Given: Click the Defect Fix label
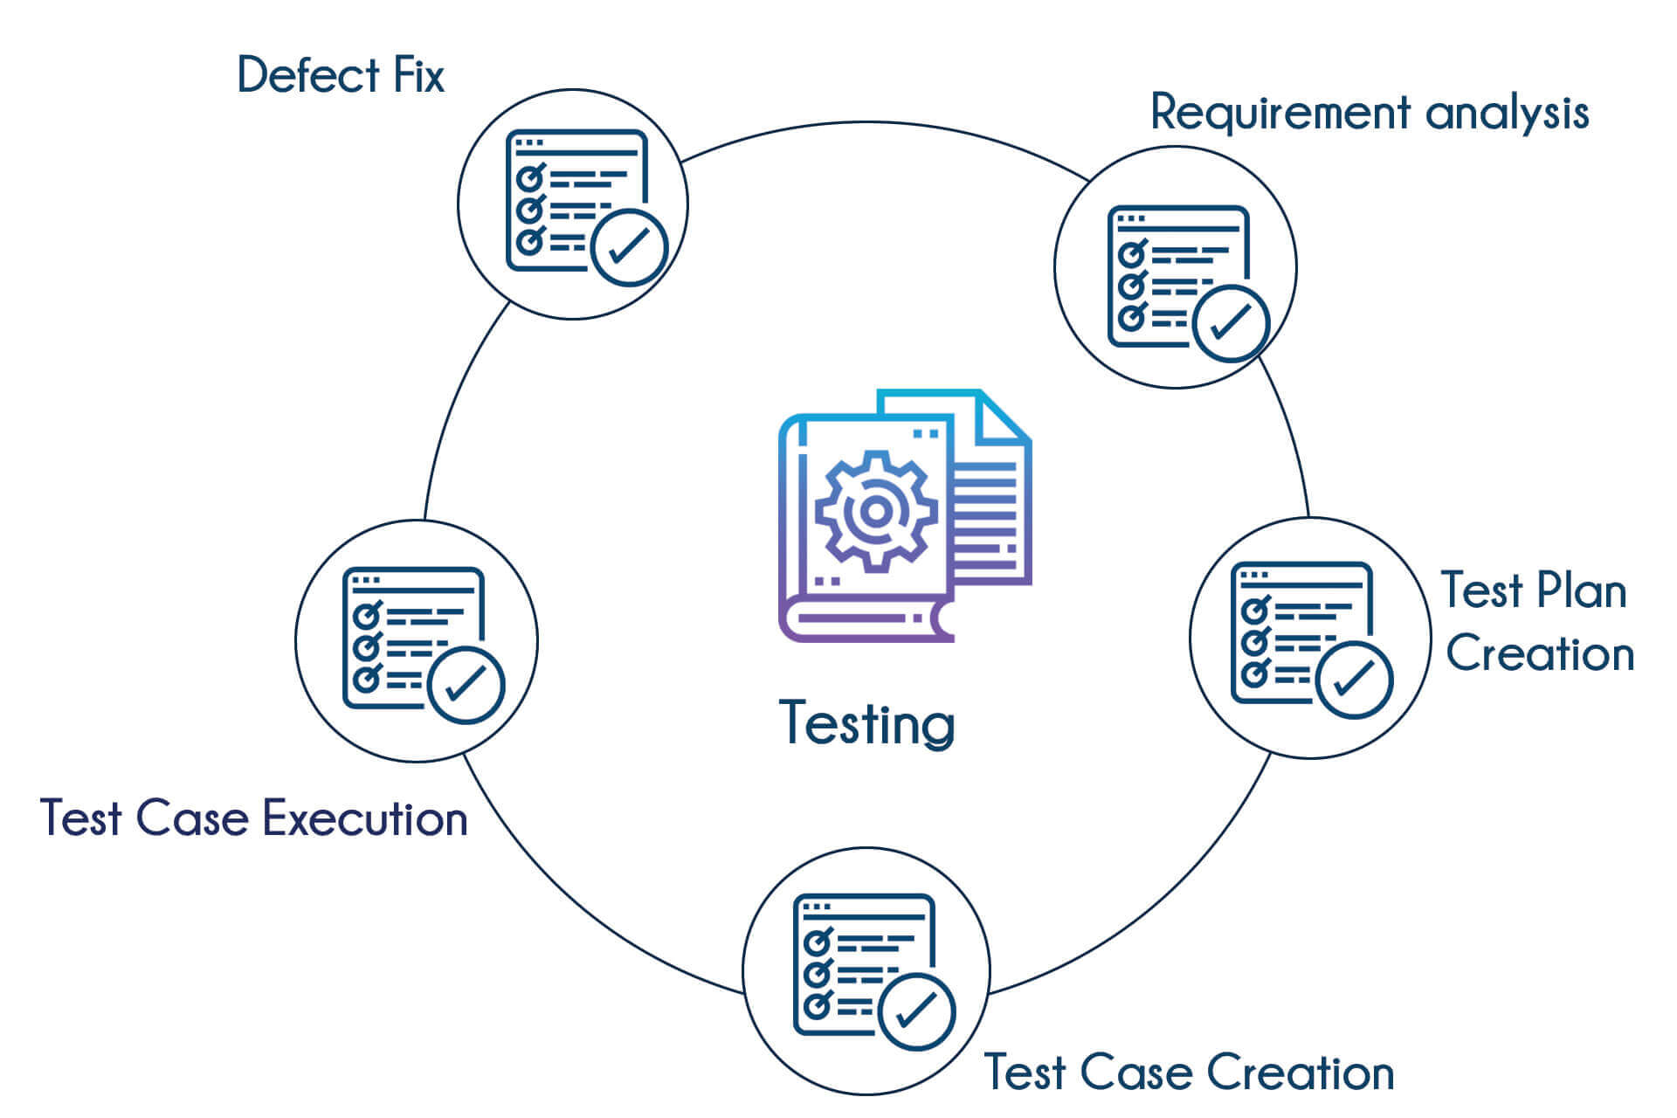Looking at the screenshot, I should point(340,75).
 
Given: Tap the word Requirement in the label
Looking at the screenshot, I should point(1280,114).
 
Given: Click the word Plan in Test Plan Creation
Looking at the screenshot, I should point(1581,591).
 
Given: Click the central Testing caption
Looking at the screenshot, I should point(866,723).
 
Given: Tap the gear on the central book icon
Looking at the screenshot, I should point(876,511).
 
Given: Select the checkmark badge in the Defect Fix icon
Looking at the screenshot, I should point(629,247).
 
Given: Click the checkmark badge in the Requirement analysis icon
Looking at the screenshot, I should point(1231,323).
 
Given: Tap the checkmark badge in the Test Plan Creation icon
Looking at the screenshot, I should point(1354,680).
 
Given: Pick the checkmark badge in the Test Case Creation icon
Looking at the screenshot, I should point(917,1011).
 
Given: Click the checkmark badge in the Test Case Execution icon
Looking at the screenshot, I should point(466,686).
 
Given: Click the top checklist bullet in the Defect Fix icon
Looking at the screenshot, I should point(529,178).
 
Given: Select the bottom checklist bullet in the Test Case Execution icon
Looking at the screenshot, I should point(366,677).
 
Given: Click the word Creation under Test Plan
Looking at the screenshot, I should point(1539,654).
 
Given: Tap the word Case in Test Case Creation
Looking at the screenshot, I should point(1138,1073).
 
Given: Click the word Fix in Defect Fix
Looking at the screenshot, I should point(418,75).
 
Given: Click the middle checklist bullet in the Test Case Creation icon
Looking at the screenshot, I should point(817,973).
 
